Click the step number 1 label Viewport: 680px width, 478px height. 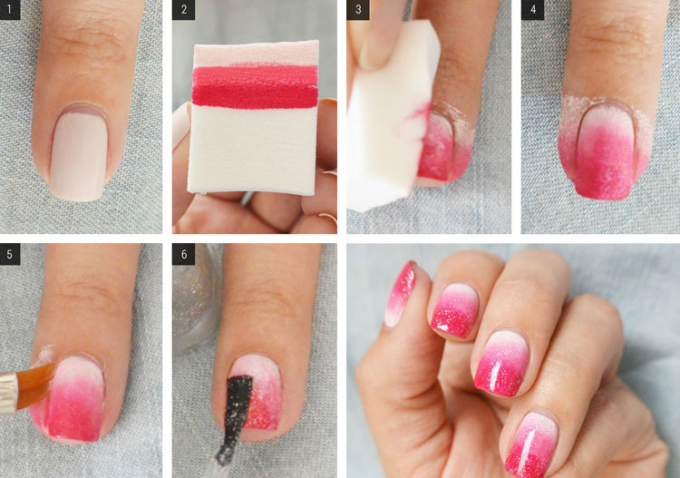pos(10,9)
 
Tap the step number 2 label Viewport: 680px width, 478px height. pos(183,9)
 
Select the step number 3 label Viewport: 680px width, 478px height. pos(358,9)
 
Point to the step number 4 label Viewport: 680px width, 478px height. pos(532,9)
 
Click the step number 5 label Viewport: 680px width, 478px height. pos(10,254)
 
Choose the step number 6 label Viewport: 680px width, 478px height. pos(183,254)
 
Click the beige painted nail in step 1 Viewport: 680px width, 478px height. pos(79,154)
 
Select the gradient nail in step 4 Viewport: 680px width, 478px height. pos(606,151)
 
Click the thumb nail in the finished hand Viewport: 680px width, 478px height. pos(400,293)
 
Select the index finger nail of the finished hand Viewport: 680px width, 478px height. pos(455,310)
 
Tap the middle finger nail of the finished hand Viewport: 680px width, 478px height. pos(502,363)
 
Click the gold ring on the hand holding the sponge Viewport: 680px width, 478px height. pos(328,217)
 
